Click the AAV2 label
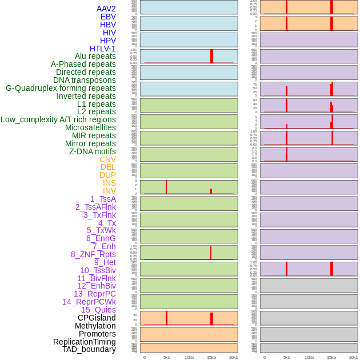click(x=106, y=9)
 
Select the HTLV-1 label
click(x=103, y=49)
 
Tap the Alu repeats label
click(x=95, y=56)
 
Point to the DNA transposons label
click(x=85, y=80)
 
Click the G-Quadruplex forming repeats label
click(x=61, y=88)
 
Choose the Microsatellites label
click(x=90, y=127)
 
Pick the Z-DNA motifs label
click(x=93, y=151)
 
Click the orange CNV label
click(x=107, y=159)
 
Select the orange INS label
click(x=109, y=183)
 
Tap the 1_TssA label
click(x=103, y=199)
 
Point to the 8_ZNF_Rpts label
click(x=93, y=254)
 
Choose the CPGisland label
click(x=97, y=318)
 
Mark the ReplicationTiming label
click(x=85, y=342)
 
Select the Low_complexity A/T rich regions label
click(x=58, y=119)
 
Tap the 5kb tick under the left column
click(x=167, y=357)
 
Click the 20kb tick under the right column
click(x=354, y=357)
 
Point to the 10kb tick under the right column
click(x=309, y=357)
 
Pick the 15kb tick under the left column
click(x=211, y=357)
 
